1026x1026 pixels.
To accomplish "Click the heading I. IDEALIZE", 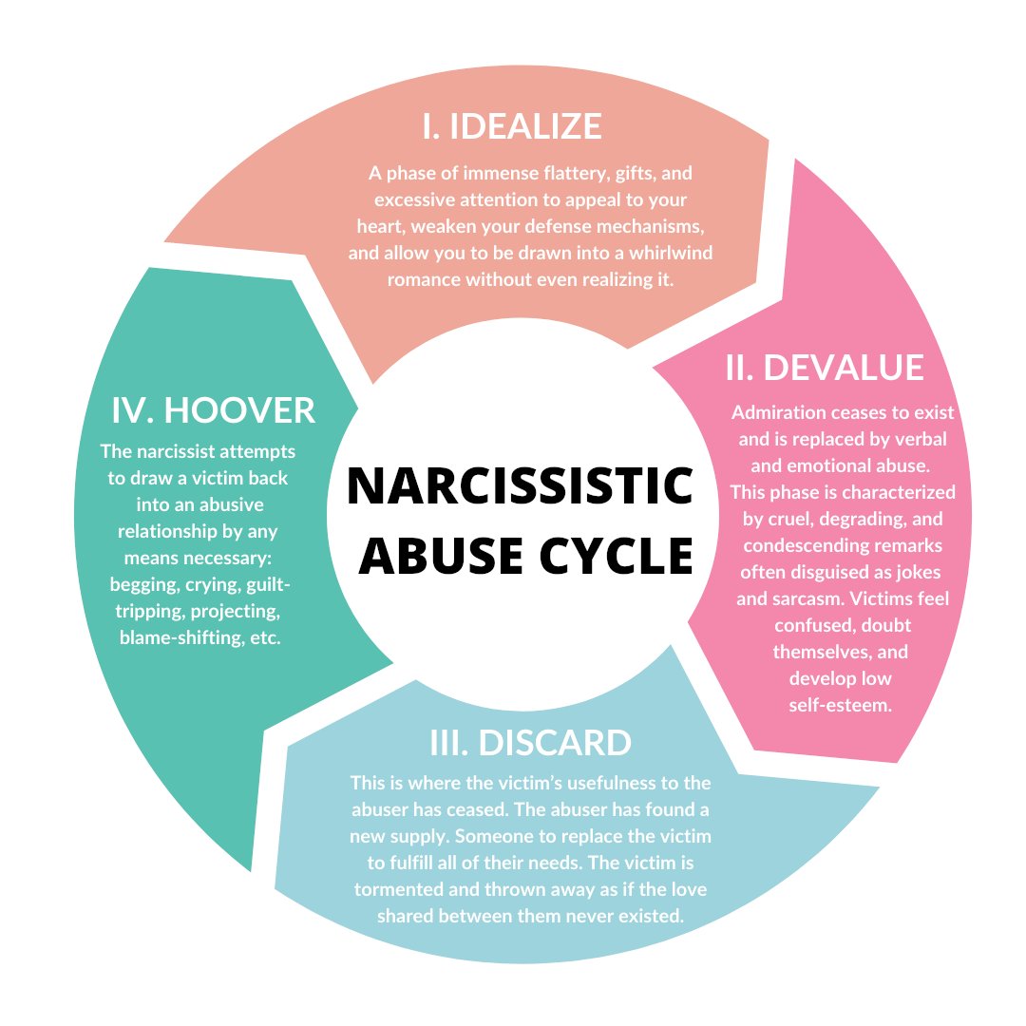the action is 512,126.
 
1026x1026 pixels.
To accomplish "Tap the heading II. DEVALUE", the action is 825,367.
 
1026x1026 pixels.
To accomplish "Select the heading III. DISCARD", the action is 531,743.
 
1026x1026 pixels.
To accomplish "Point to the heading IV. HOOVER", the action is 214,410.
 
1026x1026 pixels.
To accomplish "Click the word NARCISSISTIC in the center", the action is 521,486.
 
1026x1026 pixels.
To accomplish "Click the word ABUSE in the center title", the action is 441,555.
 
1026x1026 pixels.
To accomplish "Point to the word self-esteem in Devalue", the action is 840,705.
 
